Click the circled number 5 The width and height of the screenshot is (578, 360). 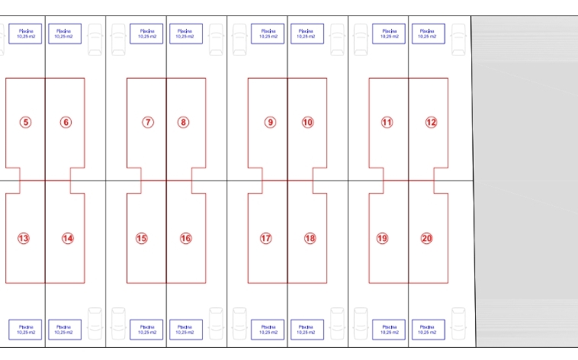point(25,122)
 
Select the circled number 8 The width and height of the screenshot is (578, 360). point(183,122)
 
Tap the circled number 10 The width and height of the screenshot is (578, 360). point(307,122)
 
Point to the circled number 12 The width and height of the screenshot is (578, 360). point(431,122)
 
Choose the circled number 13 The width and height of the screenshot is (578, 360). point(24,238)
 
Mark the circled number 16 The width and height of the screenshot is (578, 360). point(185,238)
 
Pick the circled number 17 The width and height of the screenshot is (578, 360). point(265,238)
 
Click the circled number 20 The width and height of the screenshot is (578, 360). point(426,238)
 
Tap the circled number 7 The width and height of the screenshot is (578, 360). point(148,122)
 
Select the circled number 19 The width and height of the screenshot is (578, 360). point(382,238)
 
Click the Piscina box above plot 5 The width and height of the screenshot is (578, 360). point(25,34)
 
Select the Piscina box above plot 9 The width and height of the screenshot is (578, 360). point(268,34)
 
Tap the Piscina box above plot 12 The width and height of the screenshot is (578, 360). point(429,34)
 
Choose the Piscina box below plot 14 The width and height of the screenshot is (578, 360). point(65,329)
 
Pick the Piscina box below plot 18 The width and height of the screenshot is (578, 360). point(307,329)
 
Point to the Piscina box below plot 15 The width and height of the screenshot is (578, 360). point(146,329)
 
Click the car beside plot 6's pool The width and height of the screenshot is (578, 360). point(95,39)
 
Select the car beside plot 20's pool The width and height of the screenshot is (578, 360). point(458,323)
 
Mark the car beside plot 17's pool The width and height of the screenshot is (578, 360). point(239,323)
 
